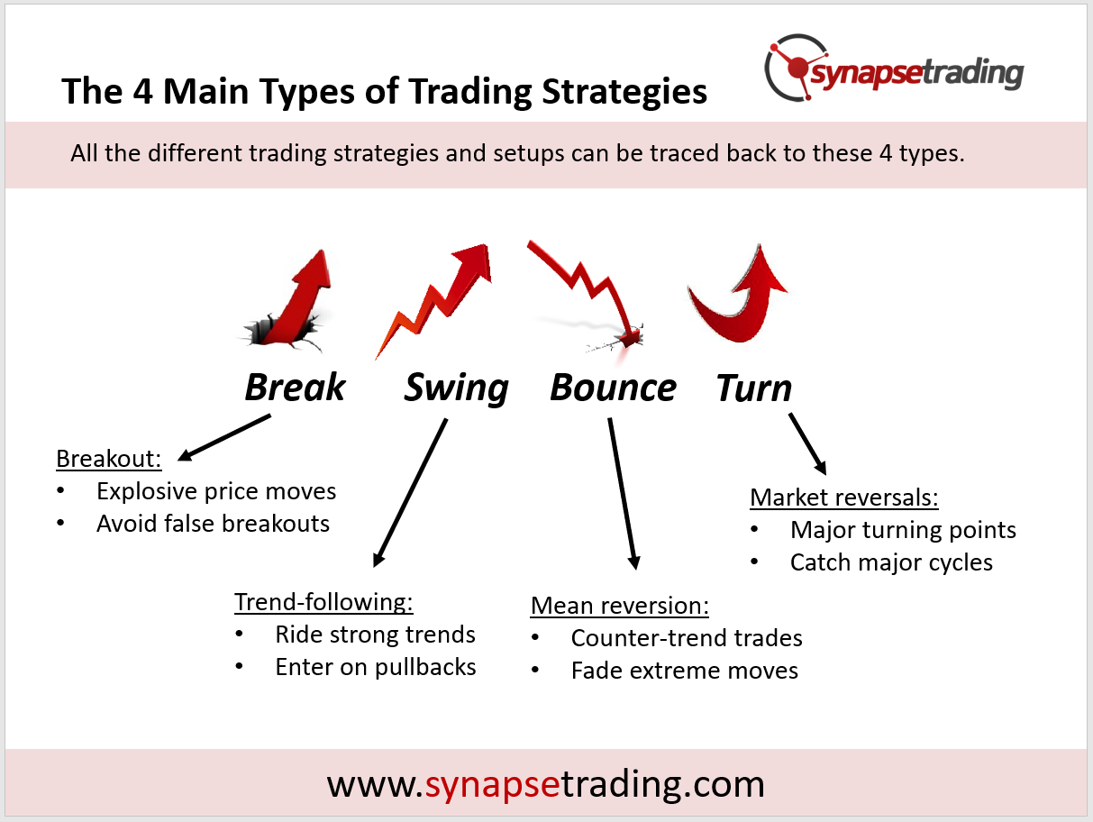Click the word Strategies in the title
coord(624,92)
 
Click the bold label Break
coord(295,388)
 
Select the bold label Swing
coord(456,388)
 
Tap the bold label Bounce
coord(613,388)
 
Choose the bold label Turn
coord(754,388)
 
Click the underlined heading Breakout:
coord(108,459)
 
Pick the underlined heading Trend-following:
coord(323,602)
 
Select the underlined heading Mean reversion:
coord(619,606)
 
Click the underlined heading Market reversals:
coord(844,498)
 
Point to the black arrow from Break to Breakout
coord(224,438)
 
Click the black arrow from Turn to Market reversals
coord(807,443)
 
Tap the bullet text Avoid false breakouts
coord(214,524)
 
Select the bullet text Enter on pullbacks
coord(376,668)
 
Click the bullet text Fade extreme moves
coord(685,671)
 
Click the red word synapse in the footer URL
coord(493,786)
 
